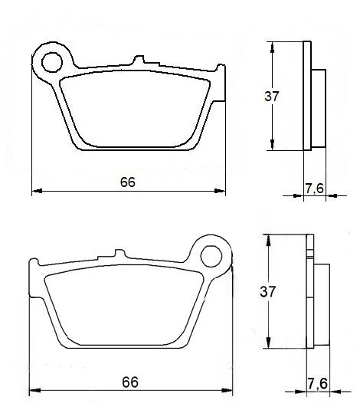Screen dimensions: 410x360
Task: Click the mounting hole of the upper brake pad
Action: click(54, 60)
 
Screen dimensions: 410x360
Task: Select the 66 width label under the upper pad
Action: click(128, 182)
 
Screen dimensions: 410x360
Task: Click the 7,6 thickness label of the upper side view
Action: click(314, 188)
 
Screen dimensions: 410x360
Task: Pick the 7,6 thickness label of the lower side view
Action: click(316, 382)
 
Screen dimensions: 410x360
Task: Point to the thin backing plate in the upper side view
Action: click(307, 96)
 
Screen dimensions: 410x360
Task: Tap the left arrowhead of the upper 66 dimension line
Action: click(35, 191)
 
